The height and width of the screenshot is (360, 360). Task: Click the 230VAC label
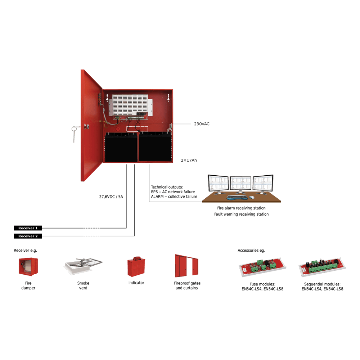(202, 124)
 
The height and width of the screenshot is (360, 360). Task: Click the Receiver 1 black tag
(28, 228)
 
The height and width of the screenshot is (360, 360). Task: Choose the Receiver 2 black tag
(28, 236)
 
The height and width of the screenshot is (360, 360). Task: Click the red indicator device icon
(136, 267)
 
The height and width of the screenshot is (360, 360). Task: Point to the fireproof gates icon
(186, 265)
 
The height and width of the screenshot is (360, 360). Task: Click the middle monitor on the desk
(240, 184)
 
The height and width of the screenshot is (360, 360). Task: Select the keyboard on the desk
(237, 197)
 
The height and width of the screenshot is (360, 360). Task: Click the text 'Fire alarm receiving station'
(241, 208)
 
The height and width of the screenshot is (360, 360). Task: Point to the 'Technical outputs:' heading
(167, 187)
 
